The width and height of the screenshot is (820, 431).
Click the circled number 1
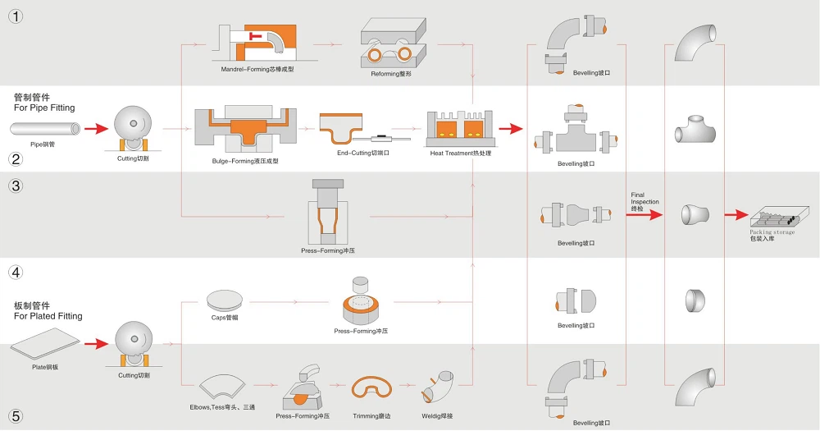(x=16, y=17)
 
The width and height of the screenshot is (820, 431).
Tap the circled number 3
(x=16, y=186)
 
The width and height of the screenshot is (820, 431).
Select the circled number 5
(x=16, y=416)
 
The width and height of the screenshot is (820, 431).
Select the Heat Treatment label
(x=462, y=153)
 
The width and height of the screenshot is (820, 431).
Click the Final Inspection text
(x=645, y=202)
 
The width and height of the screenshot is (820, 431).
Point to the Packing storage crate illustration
(x=775, y=216)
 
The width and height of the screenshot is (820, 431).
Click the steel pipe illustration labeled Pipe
(x=46, y=128)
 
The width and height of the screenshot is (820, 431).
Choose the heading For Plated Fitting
(x=48, y=316)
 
